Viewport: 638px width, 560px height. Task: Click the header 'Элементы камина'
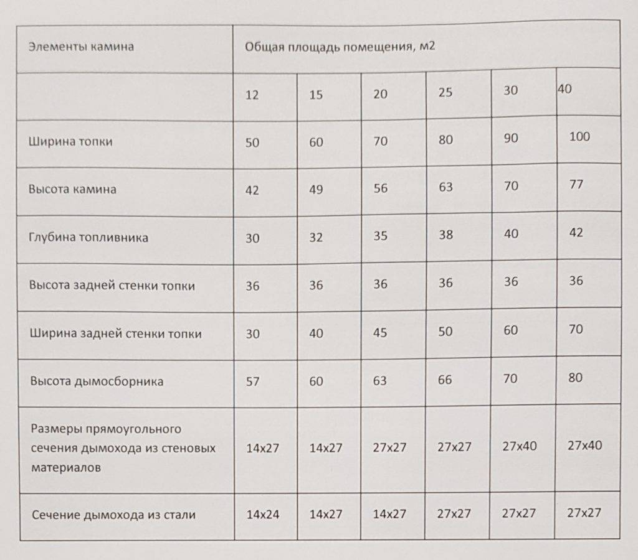point(81,47)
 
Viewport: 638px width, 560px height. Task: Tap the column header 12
point(252,96)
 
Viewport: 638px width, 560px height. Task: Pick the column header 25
point(445,93)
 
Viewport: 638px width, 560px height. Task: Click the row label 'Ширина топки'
point(70,141)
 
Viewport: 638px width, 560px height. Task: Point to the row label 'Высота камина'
point(72,189)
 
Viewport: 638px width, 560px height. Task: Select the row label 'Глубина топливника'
point(88,238)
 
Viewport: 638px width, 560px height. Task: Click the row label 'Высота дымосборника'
point(96,381)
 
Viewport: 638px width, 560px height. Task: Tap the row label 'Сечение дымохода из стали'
point(112,515)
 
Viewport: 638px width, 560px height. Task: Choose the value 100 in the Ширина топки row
point(579,137)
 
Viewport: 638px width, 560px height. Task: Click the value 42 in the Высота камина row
point(252,190)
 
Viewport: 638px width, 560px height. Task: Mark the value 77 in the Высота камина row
point(576,185)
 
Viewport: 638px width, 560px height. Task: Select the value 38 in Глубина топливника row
point(445,235)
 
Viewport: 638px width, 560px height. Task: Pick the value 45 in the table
point(379,332)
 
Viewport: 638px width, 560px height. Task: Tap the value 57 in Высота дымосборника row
point(252,381)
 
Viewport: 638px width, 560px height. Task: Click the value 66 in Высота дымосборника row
point(445,380)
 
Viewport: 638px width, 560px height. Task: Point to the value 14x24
point(262,515)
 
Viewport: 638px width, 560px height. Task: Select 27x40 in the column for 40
point(585,446)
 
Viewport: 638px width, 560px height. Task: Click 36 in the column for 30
point(511,282)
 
